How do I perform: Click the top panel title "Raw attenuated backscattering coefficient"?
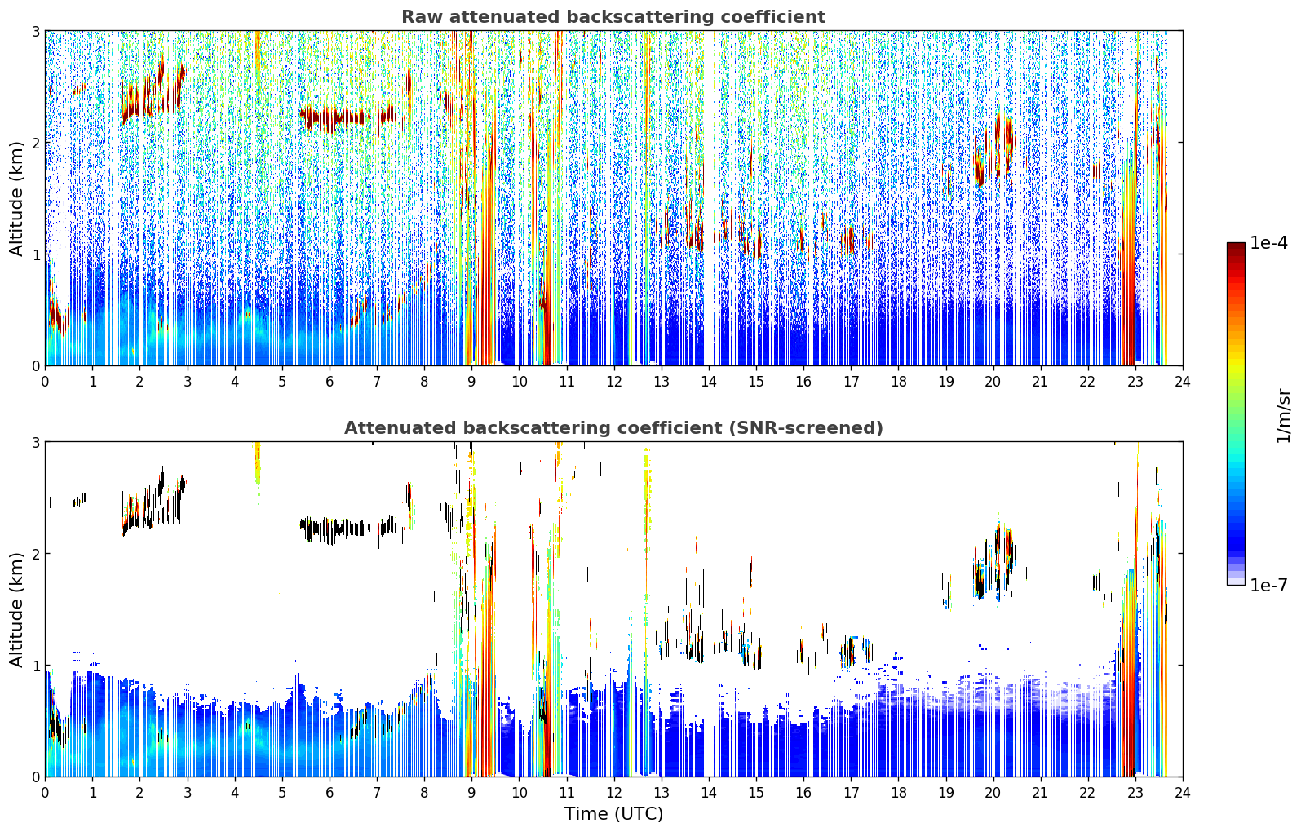pyautogui.click(x=613, y=17)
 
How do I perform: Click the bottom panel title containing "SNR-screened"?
pyautogui.click(x=613, y=427)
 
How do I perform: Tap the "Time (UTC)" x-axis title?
pyautogui.click(x=613, y=813)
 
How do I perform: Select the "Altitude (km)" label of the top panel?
pyautogui.click(x=16, y=199)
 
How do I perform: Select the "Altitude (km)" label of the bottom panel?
pyautogui.click(x=16, y=609)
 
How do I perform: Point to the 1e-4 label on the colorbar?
pyautogui.click(x=1268, y=243)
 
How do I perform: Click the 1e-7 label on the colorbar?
pyautogui.click(x=1268, y=585)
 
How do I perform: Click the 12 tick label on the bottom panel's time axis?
pyautogui.click(x=614, y=793)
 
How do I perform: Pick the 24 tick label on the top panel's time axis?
pyautogui.click(x=1183, y=382)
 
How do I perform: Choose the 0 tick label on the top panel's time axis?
pyautogui.click(x=46, y=382)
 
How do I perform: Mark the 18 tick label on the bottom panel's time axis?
pyautogui.click(x=899, y=793)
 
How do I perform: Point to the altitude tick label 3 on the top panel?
pyautogui.click(x=35, y=31)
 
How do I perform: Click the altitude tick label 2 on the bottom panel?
pyautogui.click(x=35, y=554)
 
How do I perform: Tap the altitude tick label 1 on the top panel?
pyautogui.click(x=35, y=254)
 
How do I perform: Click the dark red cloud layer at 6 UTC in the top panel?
pyautogui.click(x=334, y=118)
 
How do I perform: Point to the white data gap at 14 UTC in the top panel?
pyautogui.click(x=709, y=197)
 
